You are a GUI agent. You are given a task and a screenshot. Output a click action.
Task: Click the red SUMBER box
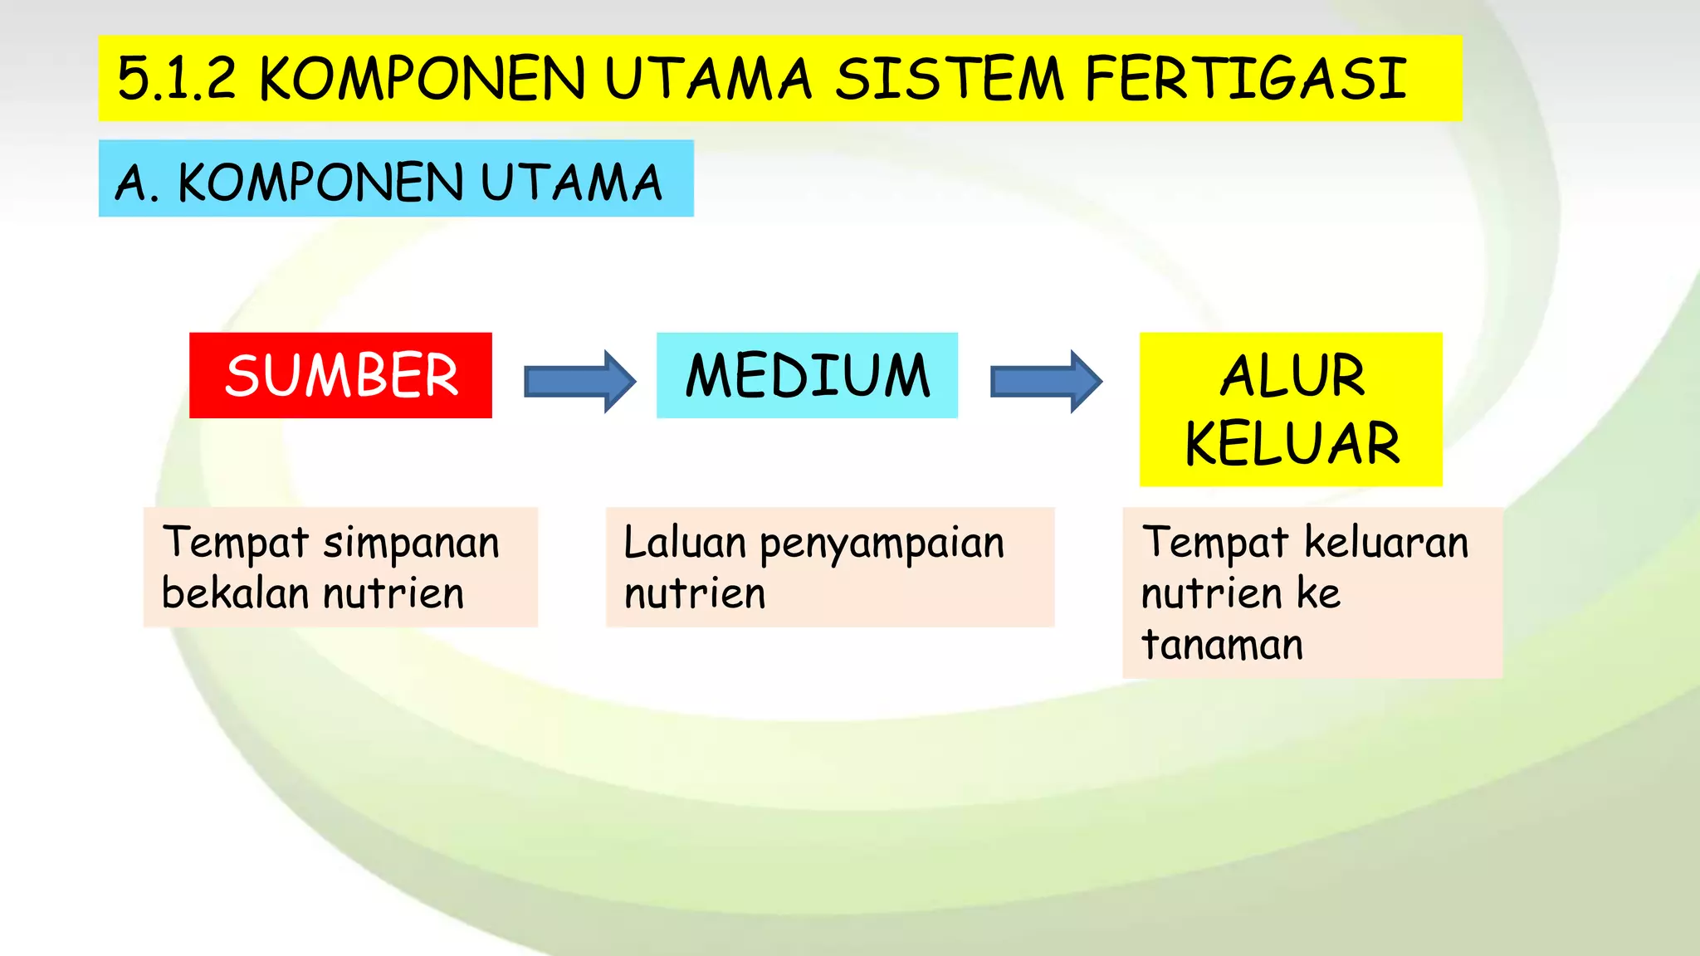tap(340, 375)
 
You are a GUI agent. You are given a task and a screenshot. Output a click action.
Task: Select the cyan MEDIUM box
tap(807, 375)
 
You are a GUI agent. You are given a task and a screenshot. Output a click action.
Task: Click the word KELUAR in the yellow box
tap(1292, 443)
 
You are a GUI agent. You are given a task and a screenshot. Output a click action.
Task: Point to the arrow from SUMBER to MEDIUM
tap(579, 381)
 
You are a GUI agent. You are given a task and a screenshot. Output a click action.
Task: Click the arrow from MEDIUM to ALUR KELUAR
tap(1046, 381)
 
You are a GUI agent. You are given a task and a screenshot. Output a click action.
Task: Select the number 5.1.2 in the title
tap(177, 79)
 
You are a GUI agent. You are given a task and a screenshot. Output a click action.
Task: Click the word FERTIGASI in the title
tap(1245, 79)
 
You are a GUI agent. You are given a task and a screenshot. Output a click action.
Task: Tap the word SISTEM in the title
tap(949, 79)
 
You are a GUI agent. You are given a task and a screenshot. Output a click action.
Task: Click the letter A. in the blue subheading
tap(135, 183)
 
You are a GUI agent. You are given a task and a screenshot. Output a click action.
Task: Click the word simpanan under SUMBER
tap(411, 544)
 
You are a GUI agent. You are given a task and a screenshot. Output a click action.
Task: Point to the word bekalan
tap(235, 593)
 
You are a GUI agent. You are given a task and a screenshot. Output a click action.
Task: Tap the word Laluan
tap(685, 543)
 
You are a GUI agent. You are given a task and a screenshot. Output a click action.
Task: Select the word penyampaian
tap(882, 544)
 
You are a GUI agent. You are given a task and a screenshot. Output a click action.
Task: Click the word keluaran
tap(1386, 543)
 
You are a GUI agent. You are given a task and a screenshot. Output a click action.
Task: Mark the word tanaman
tap(1222, 645)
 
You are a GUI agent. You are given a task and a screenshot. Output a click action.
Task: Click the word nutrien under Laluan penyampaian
tap(695, 593)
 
